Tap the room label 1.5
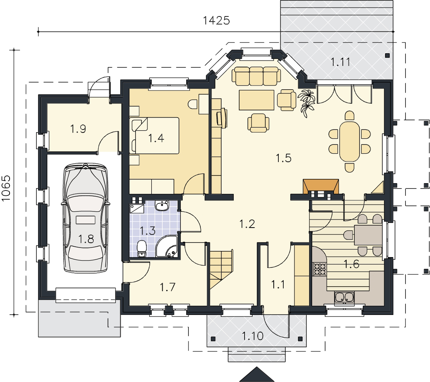tap(283, 158)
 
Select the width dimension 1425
tap(216, 21)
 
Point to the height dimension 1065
tap(6, 188)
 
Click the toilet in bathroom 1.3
tap(142, 249)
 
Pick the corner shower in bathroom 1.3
tap(167, 246)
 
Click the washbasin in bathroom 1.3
tap(162, 205)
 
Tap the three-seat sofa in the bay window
tap(256, 76)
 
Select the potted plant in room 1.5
tap(306, 103)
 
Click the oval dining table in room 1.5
tap(349, 141)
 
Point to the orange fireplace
tap(321, 186)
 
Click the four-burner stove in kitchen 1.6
tap(319, 269)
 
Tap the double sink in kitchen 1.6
tap(344, 297)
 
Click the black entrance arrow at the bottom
tap(257, 375)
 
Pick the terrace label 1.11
tap(340, 62)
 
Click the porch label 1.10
tap(253, 336)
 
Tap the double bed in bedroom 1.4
tap(155, 136)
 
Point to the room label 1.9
tap(78, 129)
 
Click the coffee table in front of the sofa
tap(256, 100)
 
